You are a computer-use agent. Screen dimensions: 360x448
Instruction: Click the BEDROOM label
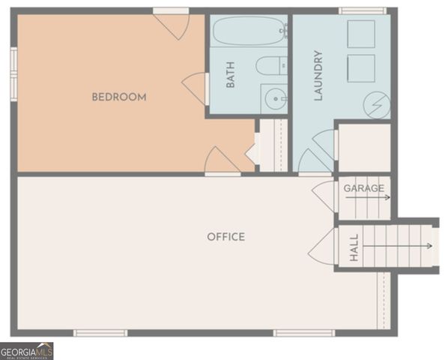click(x=119, y=97)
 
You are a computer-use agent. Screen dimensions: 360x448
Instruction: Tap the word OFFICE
click(x=225, y=237)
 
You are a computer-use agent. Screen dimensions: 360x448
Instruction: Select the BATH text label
click(x=231, y=75)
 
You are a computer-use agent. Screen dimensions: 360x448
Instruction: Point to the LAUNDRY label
click(x=318, y=76)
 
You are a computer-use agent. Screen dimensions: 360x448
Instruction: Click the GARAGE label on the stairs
click(x=364, y=188)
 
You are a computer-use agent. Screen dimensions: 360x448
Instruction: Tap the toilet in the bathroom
click(x=270, y=66)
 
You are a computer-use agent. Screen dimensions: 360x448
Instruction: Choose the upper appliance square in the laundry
click(x=360, y=34)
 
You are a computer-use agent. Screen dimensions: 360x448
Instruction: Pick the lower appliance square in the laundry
click(x=360, y=68)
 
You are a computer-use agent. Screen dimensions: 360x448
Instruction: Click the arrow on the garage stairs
click(x=378, y=198)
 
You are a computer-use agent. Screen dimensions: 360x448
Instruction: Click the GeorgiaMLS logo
click(x=27, y=351)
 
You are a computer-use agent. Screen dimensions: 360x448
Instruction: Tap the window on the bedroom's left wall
click(x=13, y=73)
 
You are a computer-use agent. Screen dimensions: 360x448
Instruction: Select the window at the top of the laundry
click(x=362, y=10)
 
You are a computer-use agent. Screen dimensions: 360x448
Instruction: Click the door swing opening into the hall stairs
click(x=324, y=246)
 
